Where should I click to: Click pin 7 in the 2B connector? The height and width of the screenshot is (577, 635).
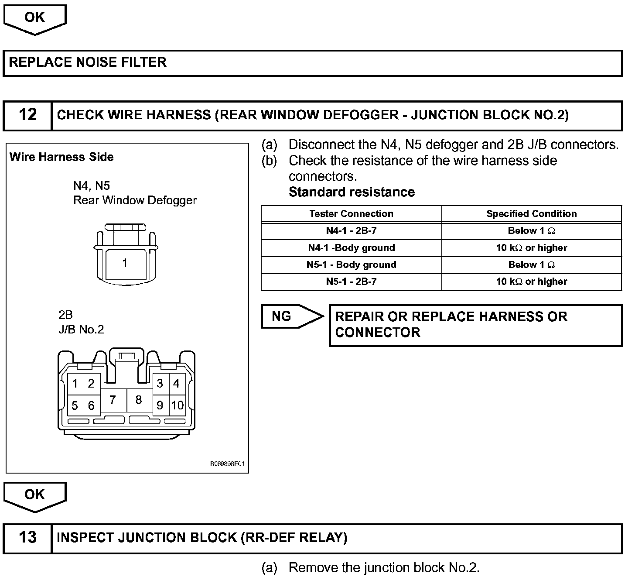113,400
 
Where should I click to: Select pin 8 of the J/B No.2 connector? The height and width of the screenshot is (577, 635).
139,400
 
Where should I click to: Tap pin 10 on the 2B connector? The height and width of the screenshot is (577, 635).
177,405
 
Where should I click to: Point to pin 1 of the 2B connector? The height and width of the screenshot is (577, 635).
75,384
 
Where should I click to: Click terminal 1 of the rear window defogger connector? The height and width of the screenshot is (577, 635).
125,263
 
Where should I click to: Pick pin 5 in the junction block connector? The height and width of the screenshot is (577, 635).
75,406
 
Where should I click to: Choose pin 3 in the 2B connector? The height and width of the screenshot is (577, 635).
160,384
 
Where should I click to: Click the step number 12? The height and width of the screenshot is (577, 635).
27,115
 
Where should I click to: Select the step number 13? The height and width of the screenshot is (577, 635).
27,537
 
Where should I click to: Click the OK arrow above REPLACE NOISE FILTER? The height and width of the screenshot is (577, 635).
34,19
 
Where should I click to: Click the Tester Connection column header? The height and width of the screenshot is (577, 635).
351,214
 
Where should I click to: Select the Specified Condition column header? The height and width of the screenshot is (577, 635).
531,214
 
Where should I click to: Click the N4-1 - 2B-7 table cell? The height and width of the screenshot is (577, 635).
351,231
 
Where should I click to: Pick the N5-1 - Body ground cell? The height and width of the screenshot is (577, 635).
351,265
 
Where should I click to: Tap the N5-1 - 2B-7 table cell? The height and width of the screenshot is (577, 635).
351,282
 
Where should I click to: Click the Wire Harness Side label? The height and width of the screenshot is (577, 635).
61,157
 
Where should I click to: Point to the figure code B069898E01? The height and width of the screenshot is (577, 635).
228,464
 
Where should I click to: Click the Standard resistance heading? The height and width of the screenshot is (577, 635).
352,192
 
